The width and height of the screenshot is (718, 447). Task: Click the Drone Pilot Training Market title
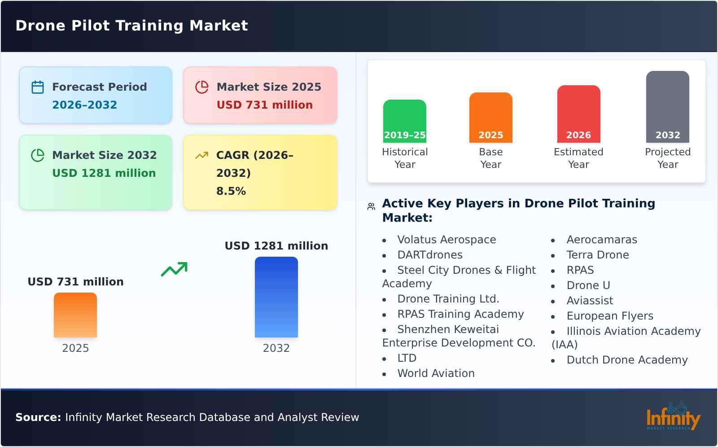[x=131, y=26]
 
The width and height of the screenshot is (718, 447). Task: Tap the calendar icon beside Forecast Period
[x=38, y=87]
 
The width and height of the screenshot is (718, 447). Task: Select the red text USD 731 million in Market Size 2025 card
[x=264, y=105]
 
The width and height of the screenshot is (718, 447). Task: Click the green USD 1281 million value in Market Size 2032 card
[x=104, y=173]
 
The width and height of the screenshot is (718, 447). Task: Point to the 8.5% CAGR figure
[x=231, y=191]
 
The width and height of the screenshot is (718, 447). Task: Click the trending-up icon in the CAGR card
[x=202, y=155]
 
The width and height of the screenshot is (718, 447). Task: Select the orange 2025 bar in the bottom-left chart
[x=75, y=315]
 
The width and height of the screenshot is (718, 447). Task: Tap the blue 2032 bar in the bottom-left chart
[x=276, y=297]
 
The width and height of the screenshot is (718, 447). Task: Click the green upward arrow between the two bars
[x=174, y=269]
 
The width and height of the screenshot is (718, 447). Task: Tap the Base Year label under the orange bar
[x=490, y=158]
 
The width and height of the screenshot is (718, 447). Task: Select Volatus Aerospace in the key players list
[x=447, y=240]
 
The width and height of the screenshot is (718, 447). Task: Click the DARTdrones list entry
[x=429, y=255]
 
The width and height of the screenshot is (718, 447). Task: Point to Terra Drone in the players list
[x=597, y=255]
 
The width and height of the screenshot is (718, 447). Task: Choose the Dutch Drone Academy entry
[x=626, y=360]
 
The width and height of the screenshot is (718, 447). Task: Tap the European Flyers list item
[x=609, y=316]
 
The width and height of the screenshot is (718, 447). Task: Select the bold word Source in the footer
[x=38, y=417]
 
